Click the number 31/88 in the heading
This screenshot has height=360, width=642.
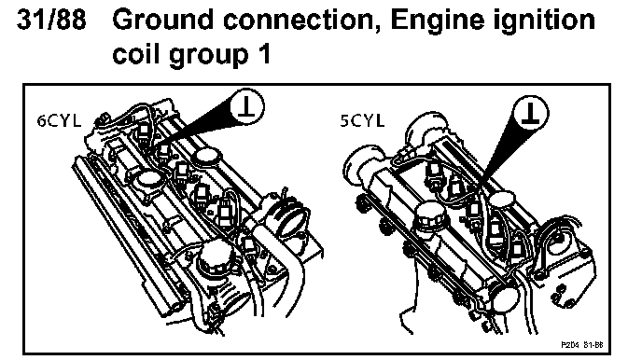pyautogui.click(x=51, y=20)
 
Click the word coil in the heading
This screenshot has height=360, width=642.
pyautogui.click(x=136, y=53)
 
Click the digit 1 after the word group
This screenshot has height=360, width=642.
pyautogui.click(x=264, y=54)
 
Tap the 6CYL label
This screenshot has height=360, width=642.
pyautogui.click(x=59, y=121)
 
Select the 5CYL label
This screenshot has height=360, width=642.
pyautogui.click(x=362, y=121)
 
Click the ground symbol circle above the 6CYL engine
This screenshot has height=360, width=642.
pyautogui.click(x=246, y=106)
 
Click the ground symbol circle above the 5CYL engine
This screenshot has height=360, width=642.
pyautogui.click(x=530, y=112)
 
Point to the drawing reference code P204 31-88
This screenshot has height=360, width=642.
pyautogui.click(x=582, y=345)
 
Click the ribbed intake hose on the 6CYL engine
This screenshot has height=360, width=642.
pyautogui.click(x=291, y=216)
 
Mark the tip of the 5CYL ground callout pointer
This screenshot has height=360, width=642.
pyautogui.click(x=481, y=183)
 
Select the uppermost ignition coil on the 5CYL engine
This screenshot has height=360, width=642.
pyautogui.click(x=434, y=171)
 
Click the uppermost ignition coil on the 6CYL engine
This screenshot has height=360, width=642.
pyautogui.click(x=144, y=132)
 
